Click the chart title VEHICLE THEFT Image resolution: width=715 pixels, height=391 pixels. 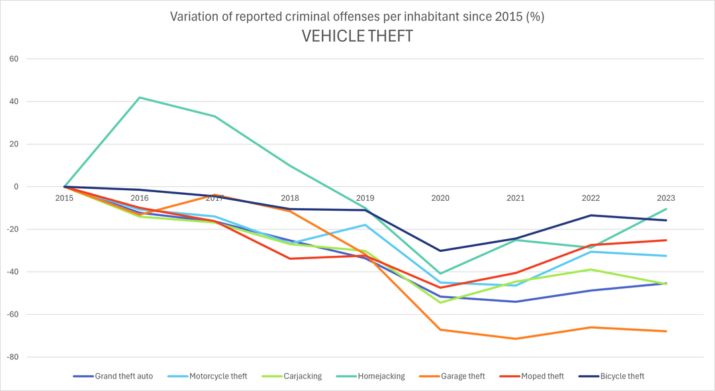coord(358,36)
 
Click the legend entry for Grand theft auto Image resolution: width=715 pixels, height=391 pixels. coord(113,376)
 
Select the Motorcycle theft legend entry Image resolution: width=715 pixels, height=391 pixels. coord(207,376)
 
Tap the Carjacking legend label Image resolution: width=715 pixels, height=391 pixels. coord(292,376)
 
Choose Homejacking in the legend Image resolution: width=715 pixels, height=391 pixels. coord(371,376)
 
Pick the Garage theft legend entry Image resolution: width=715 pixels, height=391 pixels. coord(452,376)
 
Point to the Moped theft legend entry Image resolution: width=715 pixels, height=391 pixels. coord(532,376)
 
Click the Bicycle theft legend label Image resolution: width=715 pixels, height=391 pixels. coord(612,376)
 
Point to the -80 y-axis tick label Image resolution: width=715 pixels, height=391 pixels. coord(13,357)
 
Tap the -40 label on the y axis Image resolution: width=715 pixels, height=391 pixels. coord(13,272)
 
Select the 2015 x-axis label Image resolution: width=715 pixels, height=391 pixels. coord(64,198)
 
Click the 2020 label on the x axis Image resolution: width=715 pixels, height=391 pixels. coord(440,198)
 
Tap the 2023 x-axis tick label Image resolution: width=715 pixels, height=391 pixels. coord(666,198)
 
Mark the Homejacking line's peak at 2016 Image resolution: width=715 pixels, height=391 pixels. coord(140,97)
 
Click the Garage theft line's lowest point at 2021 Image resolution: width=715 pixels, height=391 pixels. coord(516,339)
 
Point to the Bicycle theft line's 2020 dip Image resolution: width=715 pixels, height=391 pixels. coord(440,251)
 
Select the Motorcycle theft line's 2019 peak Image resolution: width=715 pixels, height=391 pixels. coord(365,225)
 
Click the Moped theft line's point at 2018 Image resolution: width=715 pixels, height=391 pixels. coord(290,258)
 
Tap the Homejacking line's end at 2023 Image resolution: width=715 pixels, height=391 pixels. coord(666,209)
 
